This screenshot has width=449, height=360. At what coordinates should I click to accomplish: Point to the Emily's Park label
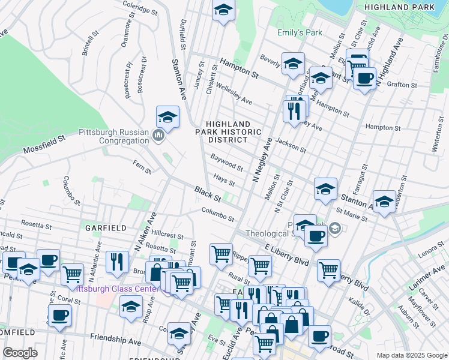300,33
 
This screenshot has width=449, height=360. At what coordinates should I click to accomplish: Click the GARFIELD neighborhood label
106,228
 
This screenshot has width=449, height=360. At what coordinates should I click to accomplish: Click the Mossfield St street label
44,144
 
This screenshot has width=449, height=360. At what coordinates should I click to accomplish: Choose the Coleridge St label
139,7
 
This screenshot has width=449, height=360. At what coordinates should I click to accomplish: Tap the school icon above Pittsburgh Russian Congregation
168,116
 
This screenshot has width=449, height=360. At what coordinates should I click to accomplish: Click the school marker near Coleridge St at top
223,10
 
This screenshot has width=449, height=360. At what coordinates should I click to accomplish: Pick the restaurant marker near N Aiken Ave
117,261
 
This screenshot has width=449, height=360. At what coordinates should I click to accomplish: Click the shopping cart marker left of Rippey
221,254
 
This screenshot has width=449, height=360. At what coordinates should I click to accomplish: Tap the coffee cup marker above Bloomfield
59,315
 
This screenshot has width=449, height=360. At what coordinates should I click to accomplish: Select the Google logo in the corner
20,353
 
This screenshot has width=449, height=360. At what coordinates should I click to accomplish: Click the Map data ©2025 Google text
411,355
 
